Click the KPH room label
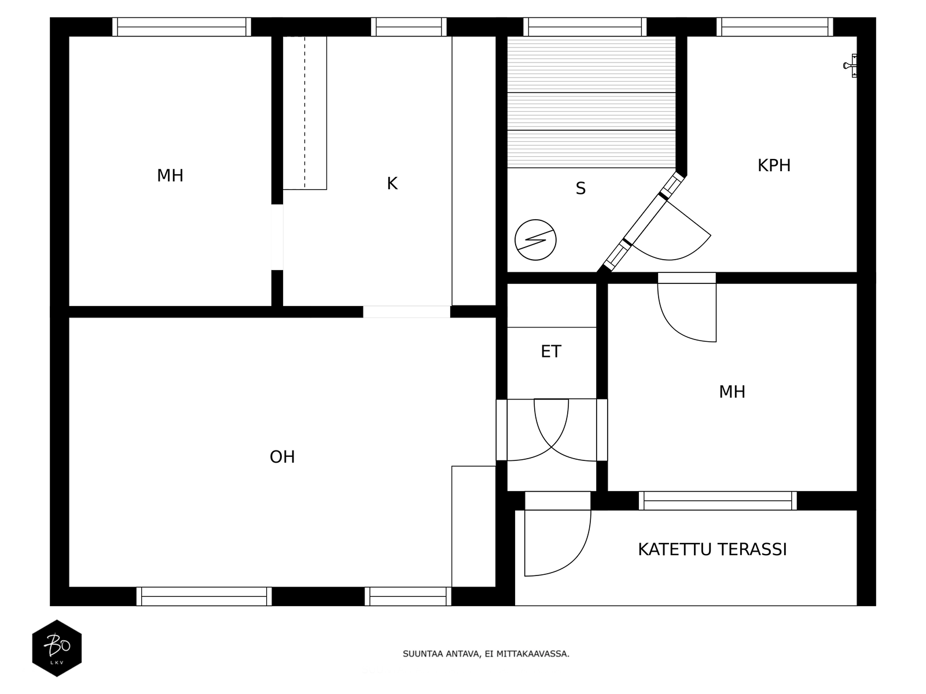tap(774, 165)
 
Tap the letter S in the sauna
tap(580, 189)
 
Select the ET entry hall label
tap(551, 352)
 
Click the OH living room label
tap(282, 457)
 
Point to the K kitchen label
tap(392, 184)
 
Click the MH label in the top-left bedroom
tap(170, 176)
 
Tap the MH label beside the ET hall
tap(732, 392)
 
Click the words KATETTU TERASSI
tap(712, 549)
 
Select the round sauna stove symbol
tap(535, 239)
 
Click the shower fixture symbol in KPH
tap(851, 65)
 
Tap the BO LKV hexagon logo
tap(57, 648)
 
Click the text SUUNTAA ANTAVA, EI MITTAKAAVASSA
tap(486, 654)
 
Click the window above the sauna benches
tap(585, 27)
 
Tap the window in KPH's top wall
tap(774, 27)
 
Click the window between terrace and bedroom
tap(718, 500)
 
